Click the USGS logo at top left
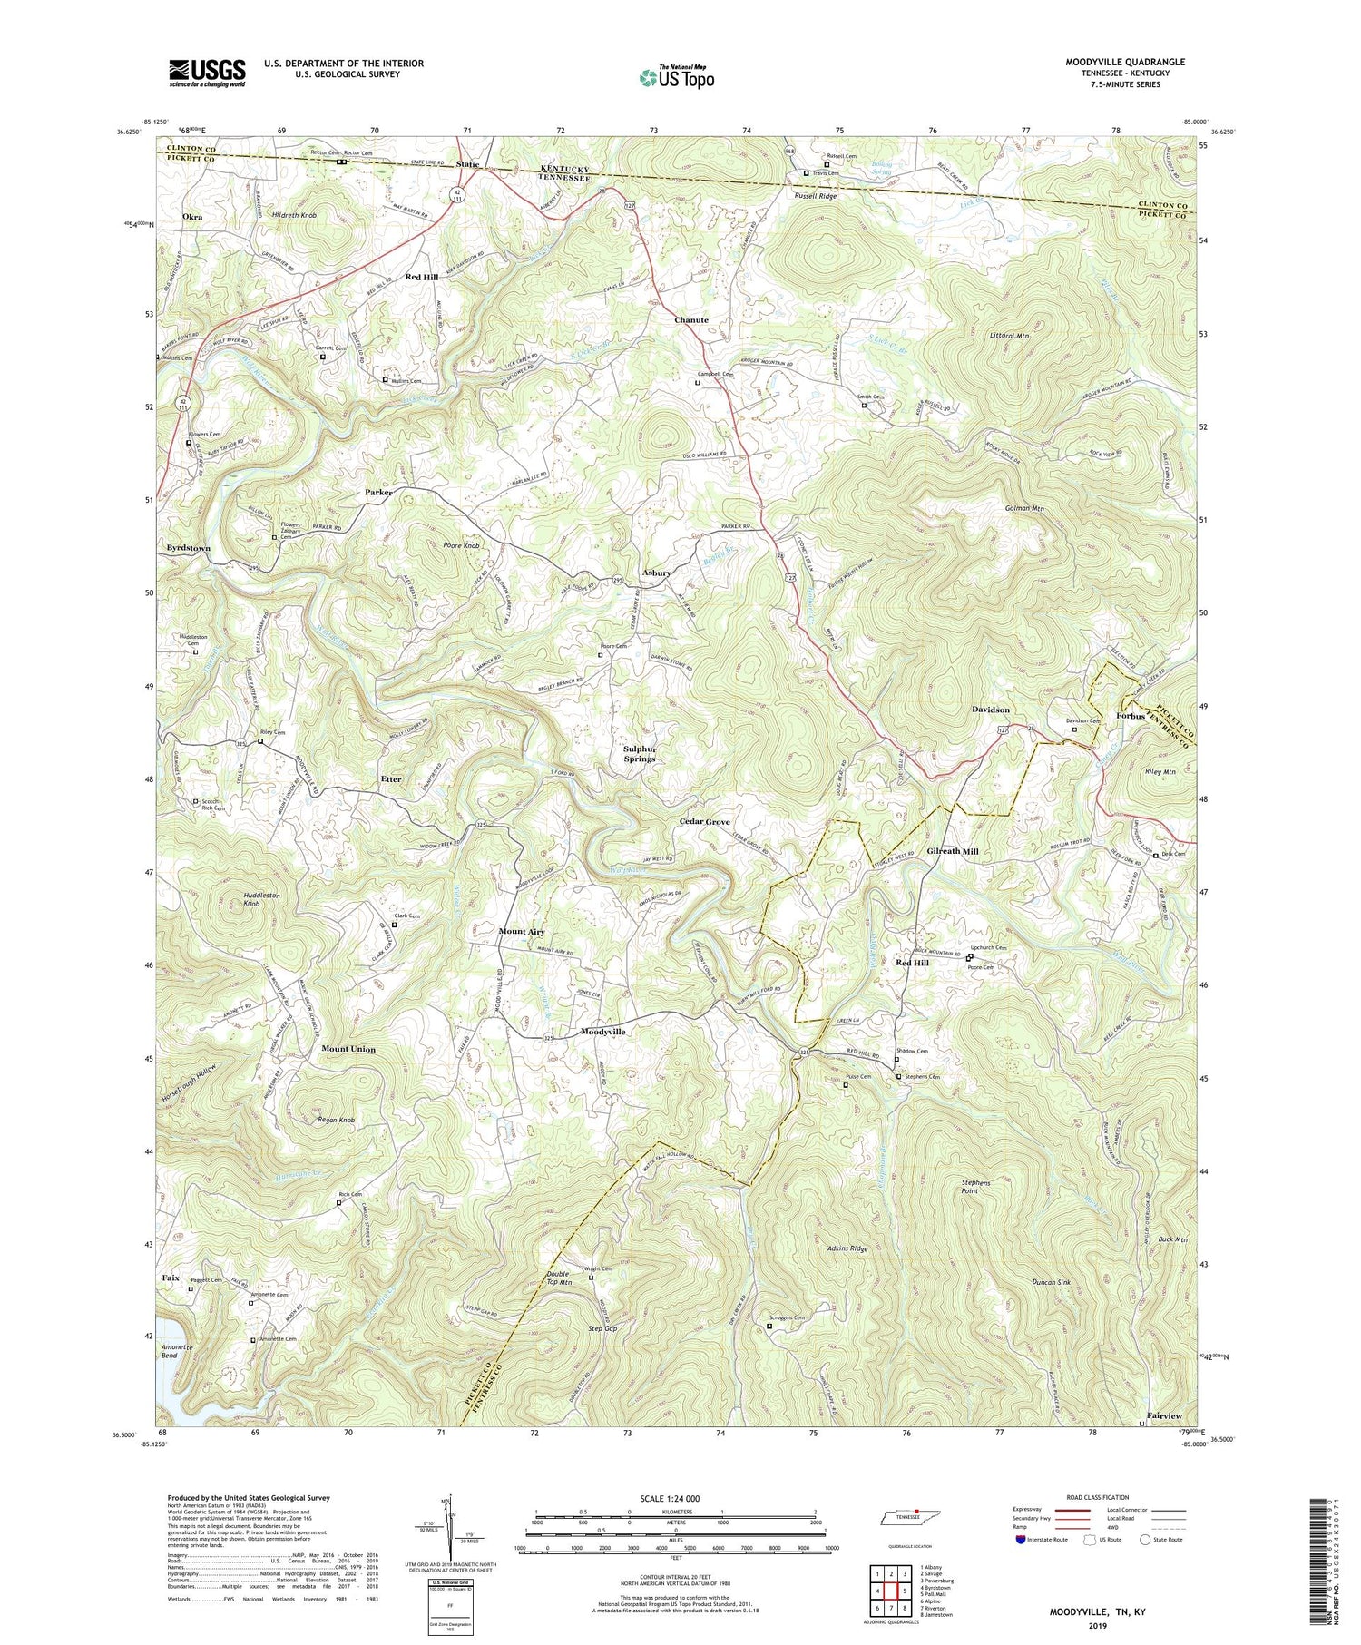(207, 73)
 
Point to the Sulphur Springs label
(640, 753)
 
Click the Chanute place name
(691, 320)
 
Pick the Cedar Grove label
(705, 822)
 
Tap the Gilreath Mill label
(953, 852)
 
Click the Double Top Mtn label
(559, 1278)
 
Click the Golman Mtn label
(1025, 509)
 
